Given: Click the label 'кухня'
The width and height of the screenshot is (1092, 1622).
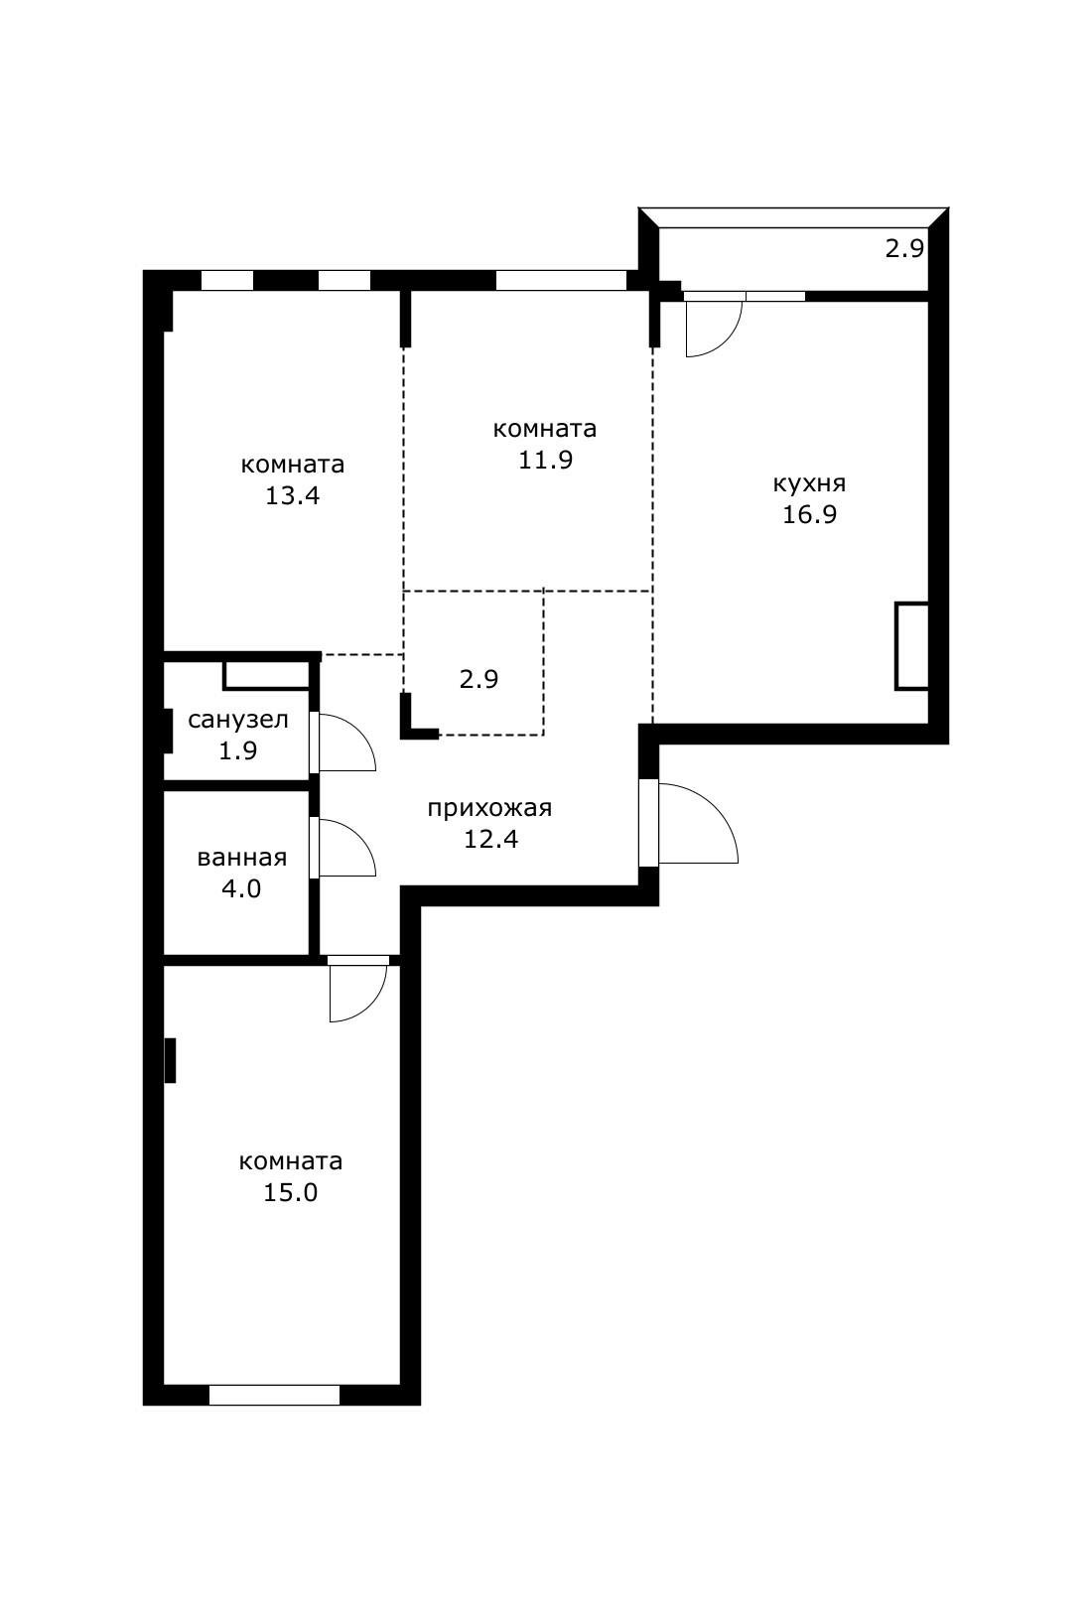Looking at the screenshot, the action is [809, 484].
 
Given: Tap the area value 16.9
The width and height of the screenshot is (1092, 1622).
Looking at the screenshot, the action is [809, 515].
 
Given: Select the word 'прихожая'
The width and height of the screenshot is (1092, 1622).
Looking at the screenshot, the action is [489, 809].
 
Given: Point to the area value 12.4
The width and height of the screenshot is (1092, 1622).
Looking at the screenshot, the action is [491, 839].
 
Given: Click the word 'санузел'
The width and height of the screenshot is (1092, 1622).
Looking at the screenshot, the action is [238, 720].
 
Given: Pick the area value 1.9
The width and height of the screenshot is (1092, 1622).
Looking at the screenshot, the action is [238, 750].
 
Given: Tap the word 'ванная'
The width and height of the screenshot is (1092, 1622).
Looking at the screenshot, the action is [242, 858].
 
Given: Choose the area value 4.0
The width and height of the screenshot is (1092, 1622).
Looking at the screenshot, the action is [241, 888].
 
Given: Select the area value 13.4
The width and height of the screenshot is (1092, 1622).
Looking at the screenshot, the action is [292, 496].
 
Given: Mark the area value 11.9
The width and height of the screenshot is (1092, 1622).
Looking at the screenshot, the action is [545, 460].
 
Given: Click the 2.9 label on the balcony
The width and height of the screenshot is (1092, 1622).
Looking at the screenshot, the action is [904, 249].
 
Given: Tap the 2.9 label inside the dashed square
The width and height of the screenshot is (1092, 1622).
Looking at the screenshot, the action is [478, 679].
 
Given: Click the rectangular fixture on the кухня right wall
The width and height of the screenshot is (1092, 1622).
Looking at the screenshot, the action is [911, 646].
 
